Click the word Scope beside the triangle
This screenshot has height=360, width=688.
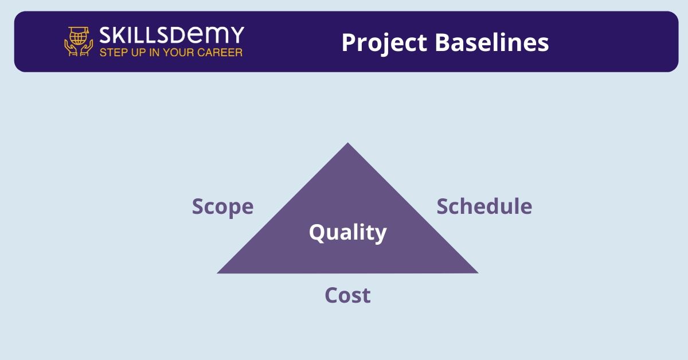point(222,207)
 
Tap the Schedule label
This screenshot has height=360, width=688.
point(484,206)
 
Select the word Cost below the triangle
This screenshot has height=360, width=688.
point(347,295)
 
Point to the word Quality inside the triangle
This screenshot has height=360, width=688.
point(347,233)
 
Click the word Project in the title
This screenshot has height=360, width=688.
point(384,43)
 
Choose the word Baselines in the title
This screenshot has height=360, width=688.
point(492,42)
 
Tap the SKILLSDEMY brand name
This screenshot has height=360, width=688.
point(171,35)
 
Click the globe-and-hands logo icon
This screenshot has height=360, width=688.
point(79,41)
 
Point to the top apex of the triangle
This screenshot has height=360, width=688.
point(347,143)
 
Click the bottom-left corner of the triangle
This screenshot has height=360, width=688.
point(217,273)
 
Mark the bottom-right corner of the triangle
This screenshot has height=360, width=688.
point(478,273)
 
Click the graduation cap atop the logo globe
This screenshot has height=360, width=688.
point(79,30)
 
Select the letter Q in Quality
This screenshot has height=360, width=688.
point(318,233)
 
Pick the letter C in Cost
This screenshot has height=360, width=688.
point(331,295)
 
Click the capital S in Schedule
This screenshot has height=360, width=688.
point(443,206)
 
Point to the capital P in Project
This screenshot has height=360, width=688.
point(349,42)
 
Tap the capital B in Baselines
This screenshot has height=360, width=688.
point(443,42)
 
